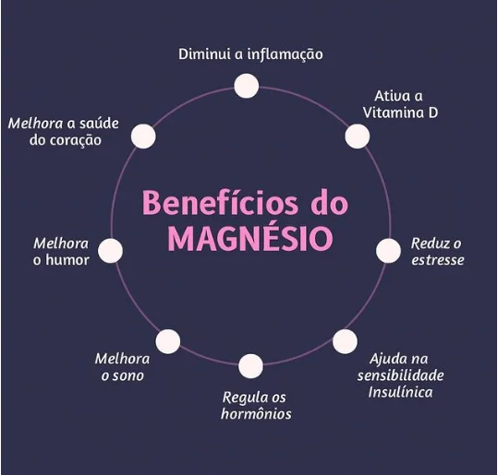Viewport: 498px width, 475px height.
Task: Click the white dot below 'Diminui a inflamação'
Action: coord(247,86)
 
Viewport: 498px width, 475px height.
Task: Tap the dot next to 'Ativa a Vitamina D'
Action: coord(358,136)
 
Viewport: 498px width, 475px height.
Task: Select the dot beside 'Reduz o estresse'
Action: coord(388,251)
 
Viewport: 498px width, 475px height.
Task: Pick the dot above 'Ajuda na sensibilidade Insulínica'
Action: coord(345,341)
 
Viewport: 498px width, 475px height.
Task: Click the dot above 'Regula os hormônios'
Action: coord(251,366)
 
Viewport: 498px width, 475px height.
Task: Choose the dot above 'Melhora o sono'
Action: coord(168,341)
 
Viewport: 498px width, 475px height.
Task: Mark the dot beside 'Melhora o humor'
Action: coord(110,251)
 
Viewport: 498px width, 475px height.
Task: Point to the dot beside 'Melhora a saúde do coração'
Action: coord(143,136)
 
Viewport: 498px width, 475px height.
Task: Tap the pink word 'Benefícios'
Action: coord(220,202)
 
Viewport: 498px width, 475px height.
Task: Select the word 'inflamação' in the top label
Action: coord(285,54)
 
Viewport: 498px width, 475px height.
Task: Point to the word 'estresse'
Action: coord(438,260)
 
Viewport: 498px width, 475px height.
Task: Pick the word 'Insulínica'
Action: coord(400,392)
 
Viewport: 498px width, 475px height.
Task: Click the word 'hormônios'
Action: coord(256,413)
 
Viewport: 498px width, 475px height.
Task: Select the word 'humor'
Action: coord(67,260)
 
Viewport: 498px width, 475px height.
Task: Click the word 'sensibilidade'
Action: coord(400,375)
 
